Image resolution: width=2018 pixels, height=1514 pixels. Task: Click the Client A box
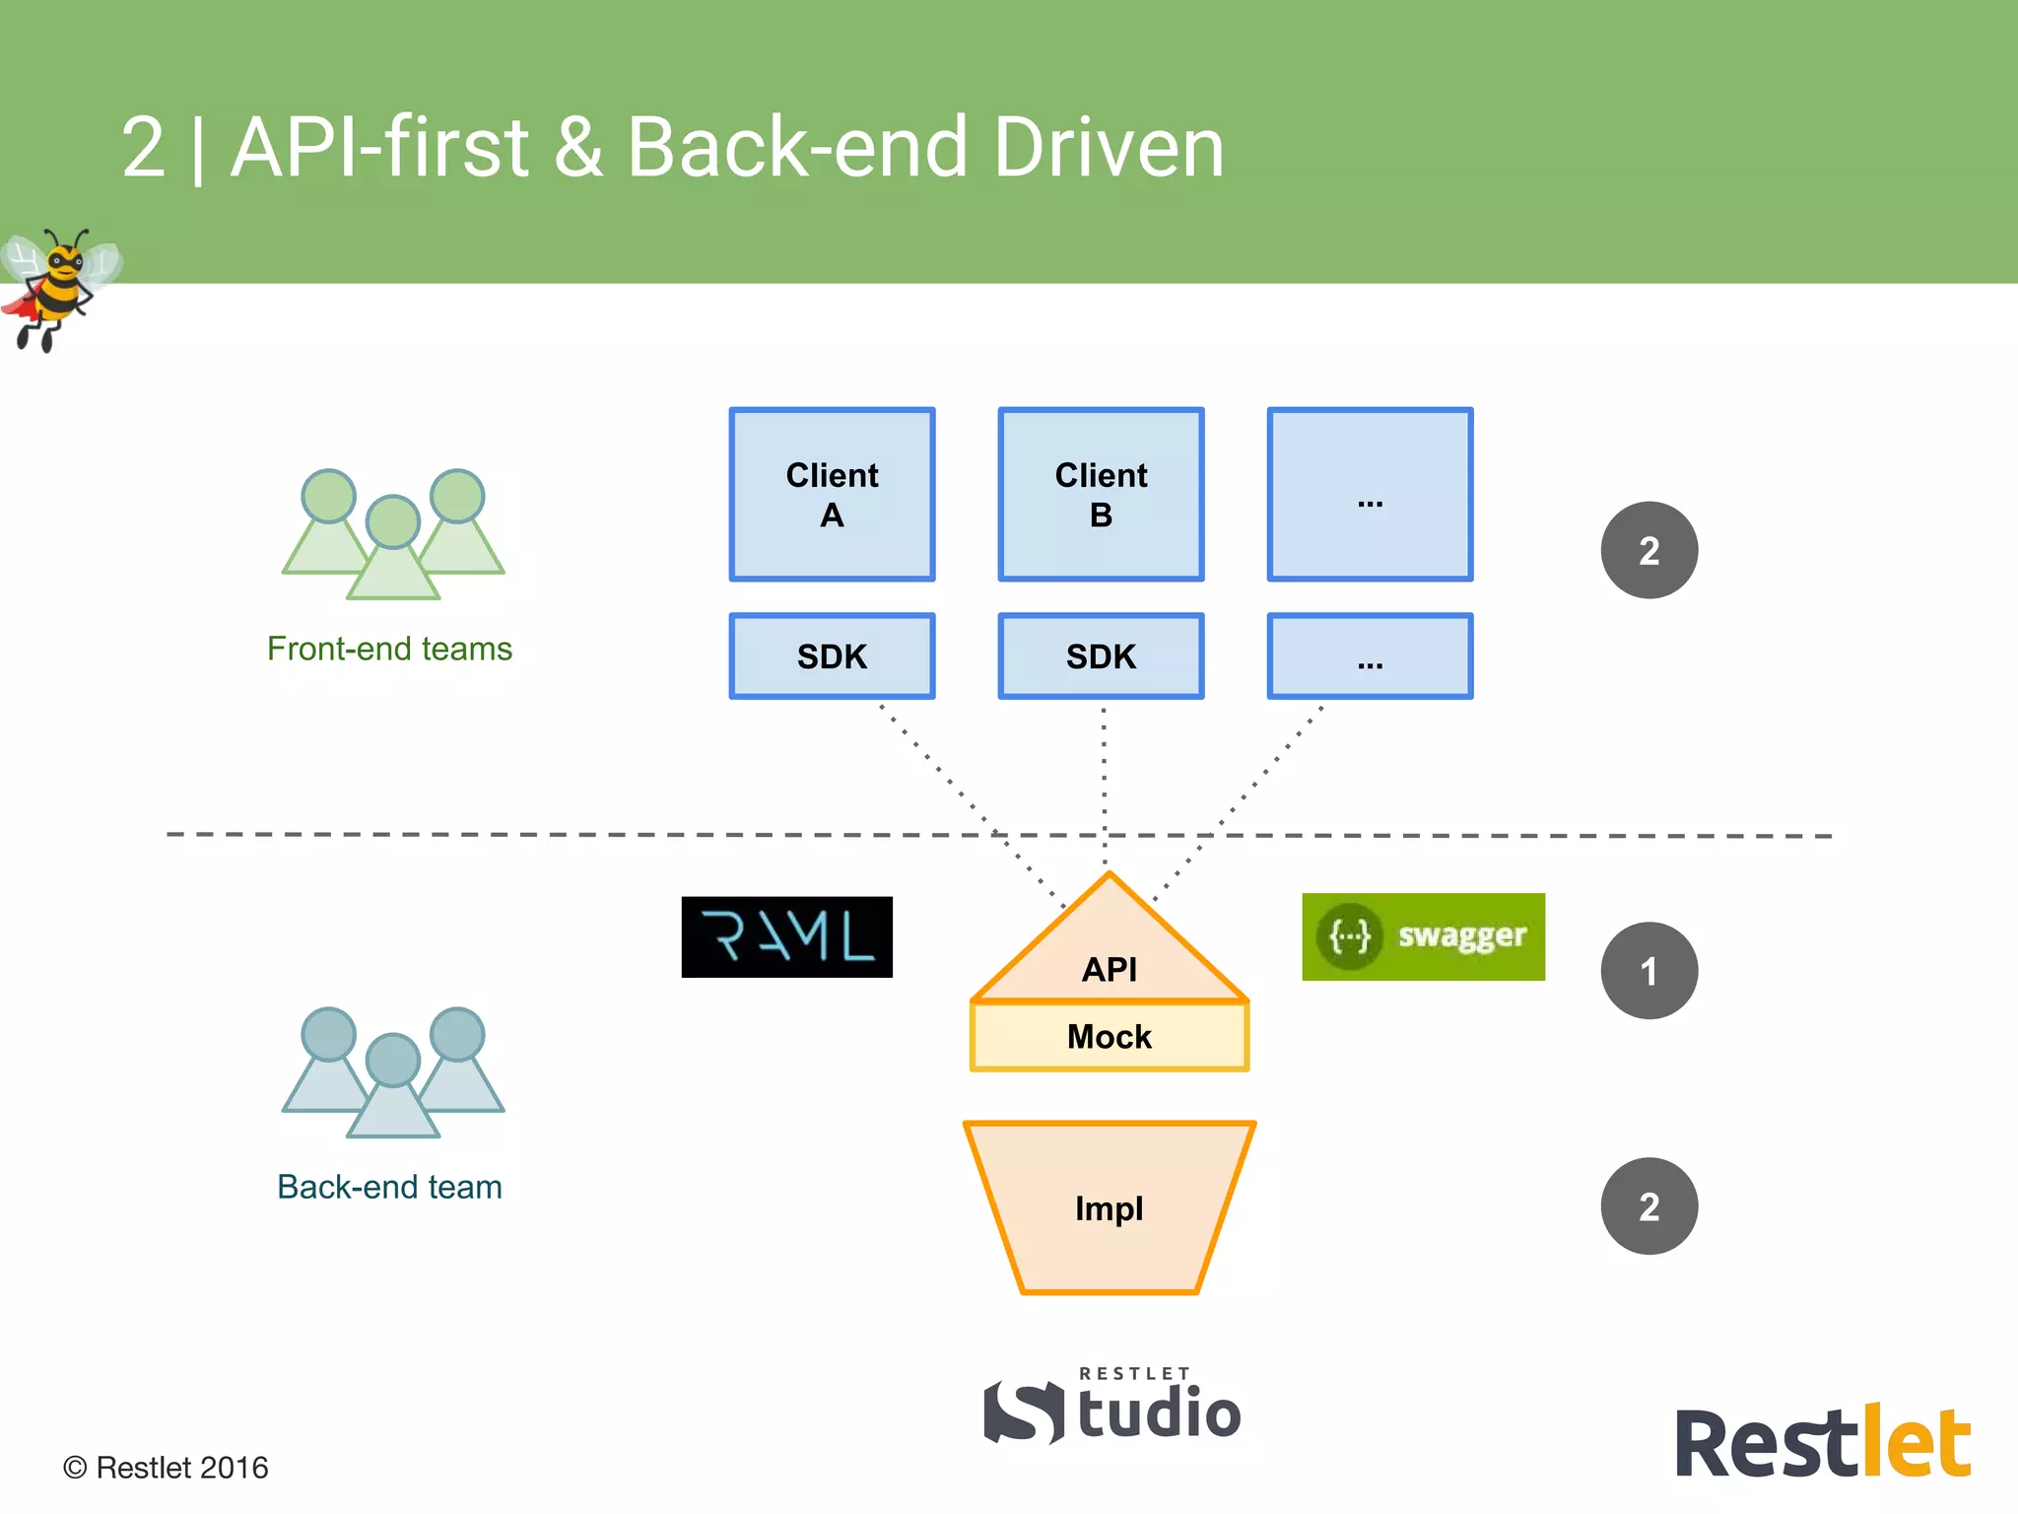pyautogui.click(x=832, y=494)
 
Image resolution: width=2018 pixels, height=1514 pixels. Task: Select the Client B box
pyautogui.click(x=1101, y=494)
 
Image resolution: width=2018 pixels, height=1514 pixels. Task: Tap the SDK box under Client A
pyautogui.click(x=832, y=656)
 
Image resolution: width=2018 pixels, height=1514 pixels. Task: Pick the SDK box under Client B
pyautogui.click(x=1101, y=656)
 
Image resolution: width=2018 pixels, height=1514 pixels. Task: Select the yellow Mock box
pyautogui.click(x=1110, y=1036)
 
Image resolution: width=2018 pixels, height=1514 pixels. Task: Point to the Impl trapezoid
pyautogui.click(x=1110, y=1207)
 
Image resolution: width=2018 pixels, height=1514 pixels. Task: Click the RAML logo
pyautogui.click(x=786, y=936)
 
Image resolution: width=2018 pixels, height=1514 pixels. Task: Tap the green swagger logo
pyautogui.click(x=1423, y=936)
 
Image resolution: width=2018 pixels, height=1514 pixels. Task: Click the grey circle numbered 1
pyautogui.click(x=1648, y=971)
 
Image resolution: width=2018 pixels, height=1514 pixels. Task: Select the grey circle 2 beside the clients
pyautogui.click(x=1648, y=550)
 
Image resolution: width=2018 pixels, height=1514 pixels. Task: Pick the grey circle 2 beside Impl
pyautogui.click(x=1648, y=1205)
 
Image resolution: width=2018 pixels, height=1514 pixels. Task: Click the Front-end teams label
pyautogui.click(x=389, y=649)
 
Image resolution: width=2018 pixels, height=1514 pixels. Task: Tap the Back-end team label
pyautogui.click(x=389, y=1187)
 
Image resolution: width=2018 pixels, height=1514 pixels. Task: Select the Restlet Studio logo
pyautogui.click(x=1113, y=1408)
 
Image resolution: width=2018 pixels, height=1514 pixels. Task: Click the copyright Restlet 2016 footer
pyautogui.click(x=166, y=1468)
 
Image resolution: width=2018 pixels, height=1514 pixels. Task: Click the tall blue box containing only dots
pyautogui.click(x=1370, y=494)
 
